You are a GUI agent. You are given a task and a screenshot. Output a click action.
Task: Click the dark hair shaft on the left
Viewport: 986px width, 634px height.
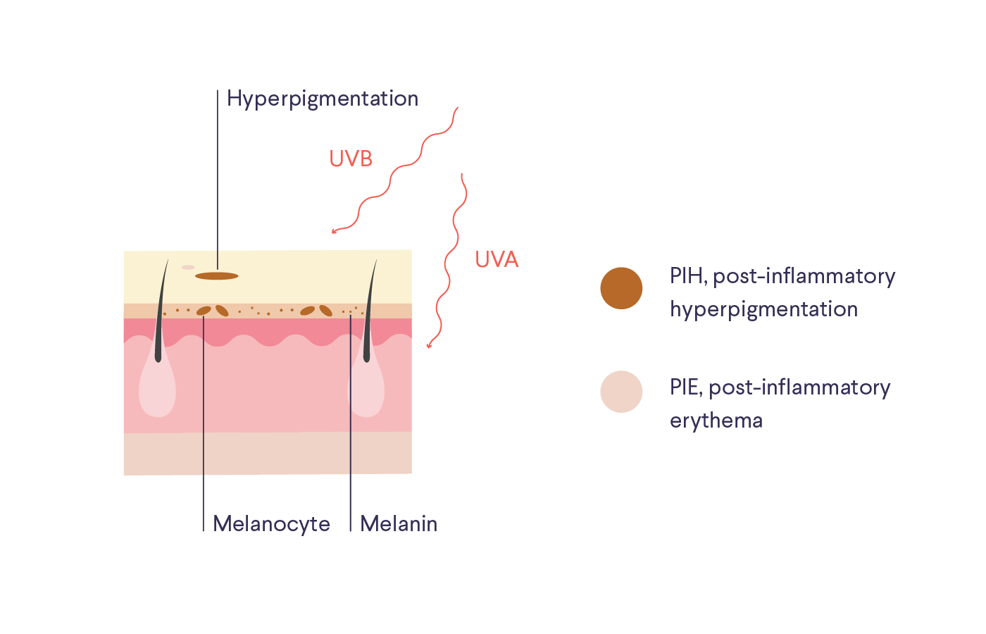159,324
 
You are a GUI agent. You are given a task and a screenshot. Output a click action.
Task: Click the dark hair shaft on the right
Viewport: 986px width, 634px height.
368,324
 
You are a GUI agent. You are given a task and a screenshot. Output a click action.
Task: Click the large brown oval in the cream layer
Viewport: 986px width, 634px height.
217,276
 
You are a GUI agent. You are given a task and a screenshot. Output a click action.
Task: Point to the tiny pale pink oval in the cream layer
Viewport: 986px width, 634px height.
188,268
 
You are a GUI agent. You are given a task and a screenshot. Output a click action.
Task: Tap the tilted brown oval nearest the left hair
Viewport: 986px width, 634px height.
204,311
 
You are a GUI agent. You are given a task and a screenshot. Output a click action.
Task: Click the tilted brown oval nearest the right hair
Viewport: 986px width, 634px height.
325,311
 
